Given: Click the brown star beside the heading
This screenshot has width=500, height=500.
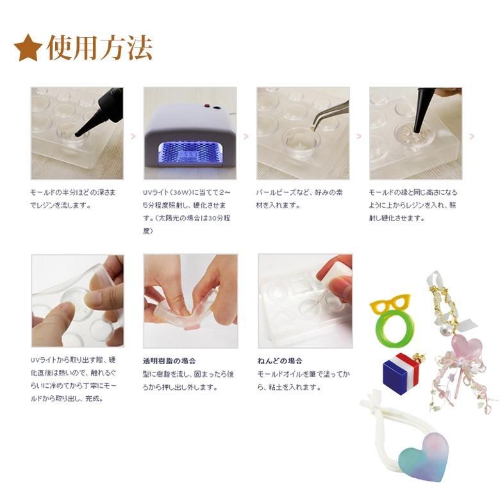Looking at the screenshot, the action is [x=28, y=47].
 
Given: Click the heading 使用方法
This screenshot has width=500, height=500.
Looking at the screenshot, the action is [x=99, y=48].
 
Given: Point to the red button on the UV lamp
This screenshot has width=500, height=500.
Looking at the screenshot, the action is [x=206, y=105].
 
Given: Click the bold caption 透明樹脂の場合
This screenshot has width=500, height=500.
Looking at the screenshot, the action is [x=169, y=361].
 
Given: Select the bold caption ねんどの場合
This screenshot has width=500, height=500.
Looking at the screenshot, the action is [x=279, y=361].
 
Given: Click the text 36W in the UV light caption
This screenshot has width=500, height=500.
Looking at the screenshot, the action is [x=179, y=192].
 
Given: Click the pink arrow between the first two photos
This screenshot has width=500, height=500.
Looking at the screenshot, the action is [x=133, y=137].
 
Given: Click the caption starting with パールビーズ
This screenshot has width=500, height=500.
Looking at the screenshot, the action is [x=299, y=199].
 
